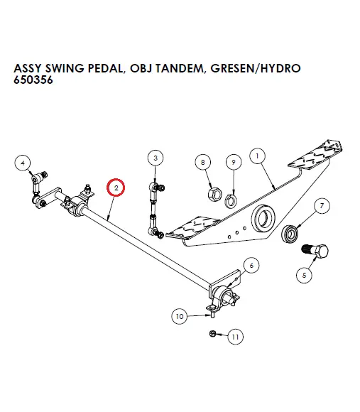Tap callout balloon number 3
156,158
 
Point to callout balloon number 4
23,162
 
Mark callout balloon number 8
204,163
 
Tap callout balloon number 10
180,315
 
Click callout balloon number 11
234,337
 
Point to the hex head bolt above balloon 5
315,251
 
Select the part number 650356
34,80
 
